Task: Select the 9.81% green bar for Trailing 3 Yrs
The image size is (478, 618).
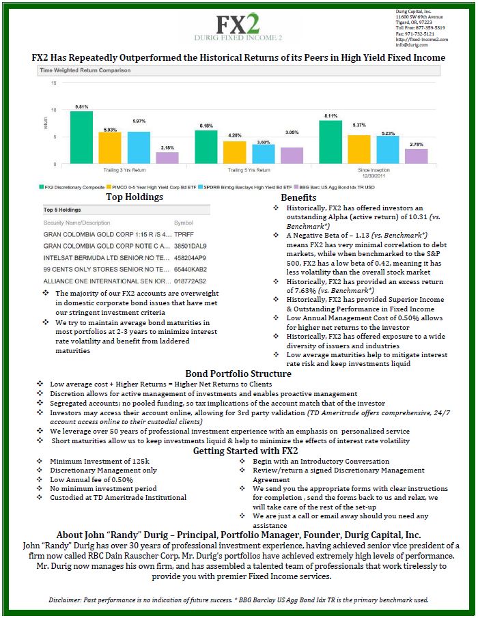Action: pos(81,137)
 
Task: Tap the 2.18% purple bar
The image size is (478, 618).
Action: pos(167,158)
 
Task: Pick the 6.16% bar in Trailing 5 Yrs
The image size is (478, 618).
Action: pos(206,147)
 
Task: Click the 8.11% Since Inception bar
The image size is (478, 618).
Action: pos(331,142)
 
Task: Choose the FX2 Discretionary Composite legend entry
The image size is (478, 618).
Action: pos(71,186)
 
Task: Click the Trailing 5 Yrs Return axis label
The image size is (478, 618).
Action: pos(244,169)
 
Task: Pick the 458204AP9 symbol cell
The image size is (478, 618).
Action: pos(190,259)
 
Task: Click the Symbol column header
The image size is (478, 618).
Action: pos(184,223)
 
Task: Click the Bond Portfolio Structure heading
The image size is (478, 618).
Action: pos(238,374)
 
